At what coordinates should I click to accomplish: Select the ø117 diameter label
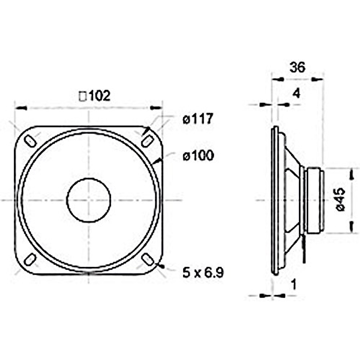tap(198, 119)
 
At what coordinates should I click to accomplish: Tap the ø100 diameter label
tap(198, 156)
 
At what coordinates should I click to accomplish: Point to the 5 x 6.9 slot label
tap(203, 273)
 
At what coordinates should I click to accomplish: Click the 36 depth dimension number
tap(297, 67)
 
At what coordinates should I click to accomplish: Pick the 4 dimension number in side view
tap(296, 94)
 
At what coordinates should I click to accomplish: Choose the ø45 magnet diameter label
tap(340, 200)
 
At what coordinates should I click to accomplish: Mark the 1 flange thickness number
tap(294, 284)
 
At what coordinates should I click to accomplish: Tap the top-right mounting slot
tap(147, 140)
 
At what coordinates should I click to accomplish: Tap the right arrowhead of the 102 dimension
tap(156, 108)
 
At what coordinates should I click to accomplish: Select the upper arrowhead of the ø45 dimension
tap(351, 174)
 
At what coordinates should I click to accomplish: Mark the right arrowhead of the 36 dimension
tap(317, 79)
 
